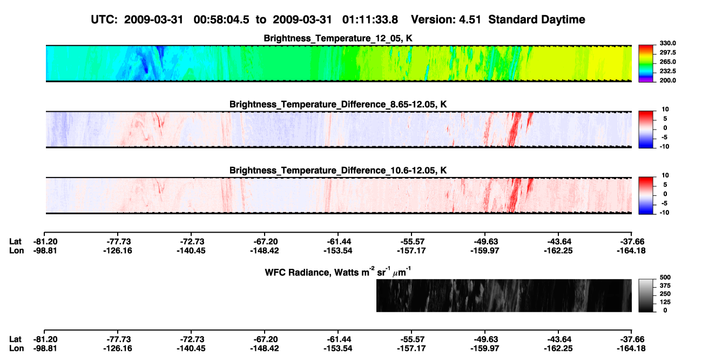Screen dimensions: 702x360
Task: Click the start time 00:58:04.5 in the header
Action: coord(221,20)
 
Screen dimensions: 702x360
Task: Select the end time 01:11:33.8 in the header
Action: coord(370,20)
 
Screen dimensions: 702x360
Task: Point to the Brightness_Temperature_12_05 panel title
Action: coord(338,38)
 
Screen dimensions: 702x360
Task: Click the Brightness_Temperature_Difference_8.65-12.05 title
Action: coord(338,104)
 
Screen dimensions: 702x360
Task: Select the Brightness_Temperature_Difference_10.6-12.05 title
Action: coord(338,171)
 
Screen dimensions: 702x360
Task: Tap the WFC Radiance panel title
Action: coord(338,272)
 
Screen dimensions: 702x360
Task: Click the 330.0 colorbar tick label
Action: coord(667,43)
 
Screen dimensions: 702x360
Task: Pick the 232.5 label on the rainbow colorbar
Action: coord(667,71)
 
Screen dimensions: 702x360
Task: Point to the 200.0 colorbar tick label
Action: coord(667,80)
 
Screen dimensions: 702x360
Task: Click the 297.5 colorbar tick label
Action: coord(667,53)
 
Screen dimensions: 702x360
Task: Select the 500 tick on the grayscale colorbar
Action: coord(665,277)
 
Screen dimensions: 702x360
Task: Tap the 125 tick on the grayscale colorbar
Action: coord(665,302)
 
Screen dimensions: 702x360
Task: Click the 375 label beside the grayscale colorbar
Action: coord(665,286)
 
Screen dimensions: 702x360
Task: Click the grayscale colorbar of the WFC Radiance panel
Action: coord(646,295)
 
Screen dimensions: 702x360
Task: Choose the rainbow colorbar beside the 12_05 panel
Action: coord(646,64)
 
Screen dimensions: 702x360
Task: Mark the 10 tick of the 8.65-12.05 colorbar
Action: coord(665,110)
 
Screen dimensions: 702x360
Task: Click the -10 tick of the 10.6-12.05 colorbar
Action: coord(664,213)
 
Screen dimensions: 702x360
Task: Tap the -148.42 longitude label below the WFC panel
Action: coord(264,349)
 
